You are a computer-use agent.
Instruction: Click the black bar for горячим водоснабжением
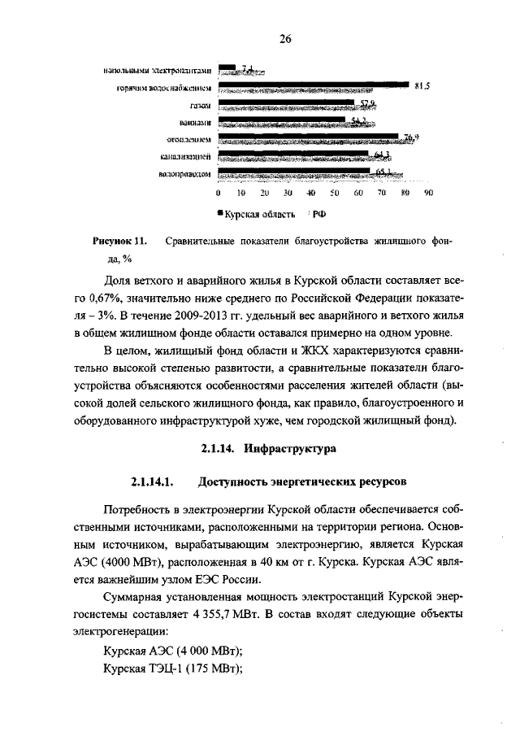click(x=312, y=83)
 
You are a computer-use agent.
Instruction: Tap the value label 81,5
click(x=421, y=85)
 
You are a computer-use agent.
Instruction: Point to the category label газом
click(x=201, y=105)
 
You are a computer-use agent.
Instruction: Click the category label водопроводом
click(x=185, y=174)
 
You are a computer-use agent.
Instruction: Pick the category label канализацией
click(x=187, y=156)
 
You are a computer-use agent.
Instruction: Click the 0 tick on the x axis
click(x=218, y=194)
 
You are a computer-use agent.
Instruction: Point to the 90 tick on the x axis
click(x=429, y=194)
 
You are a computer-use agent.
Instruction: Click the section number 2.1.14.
click(x=219, y=448)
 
